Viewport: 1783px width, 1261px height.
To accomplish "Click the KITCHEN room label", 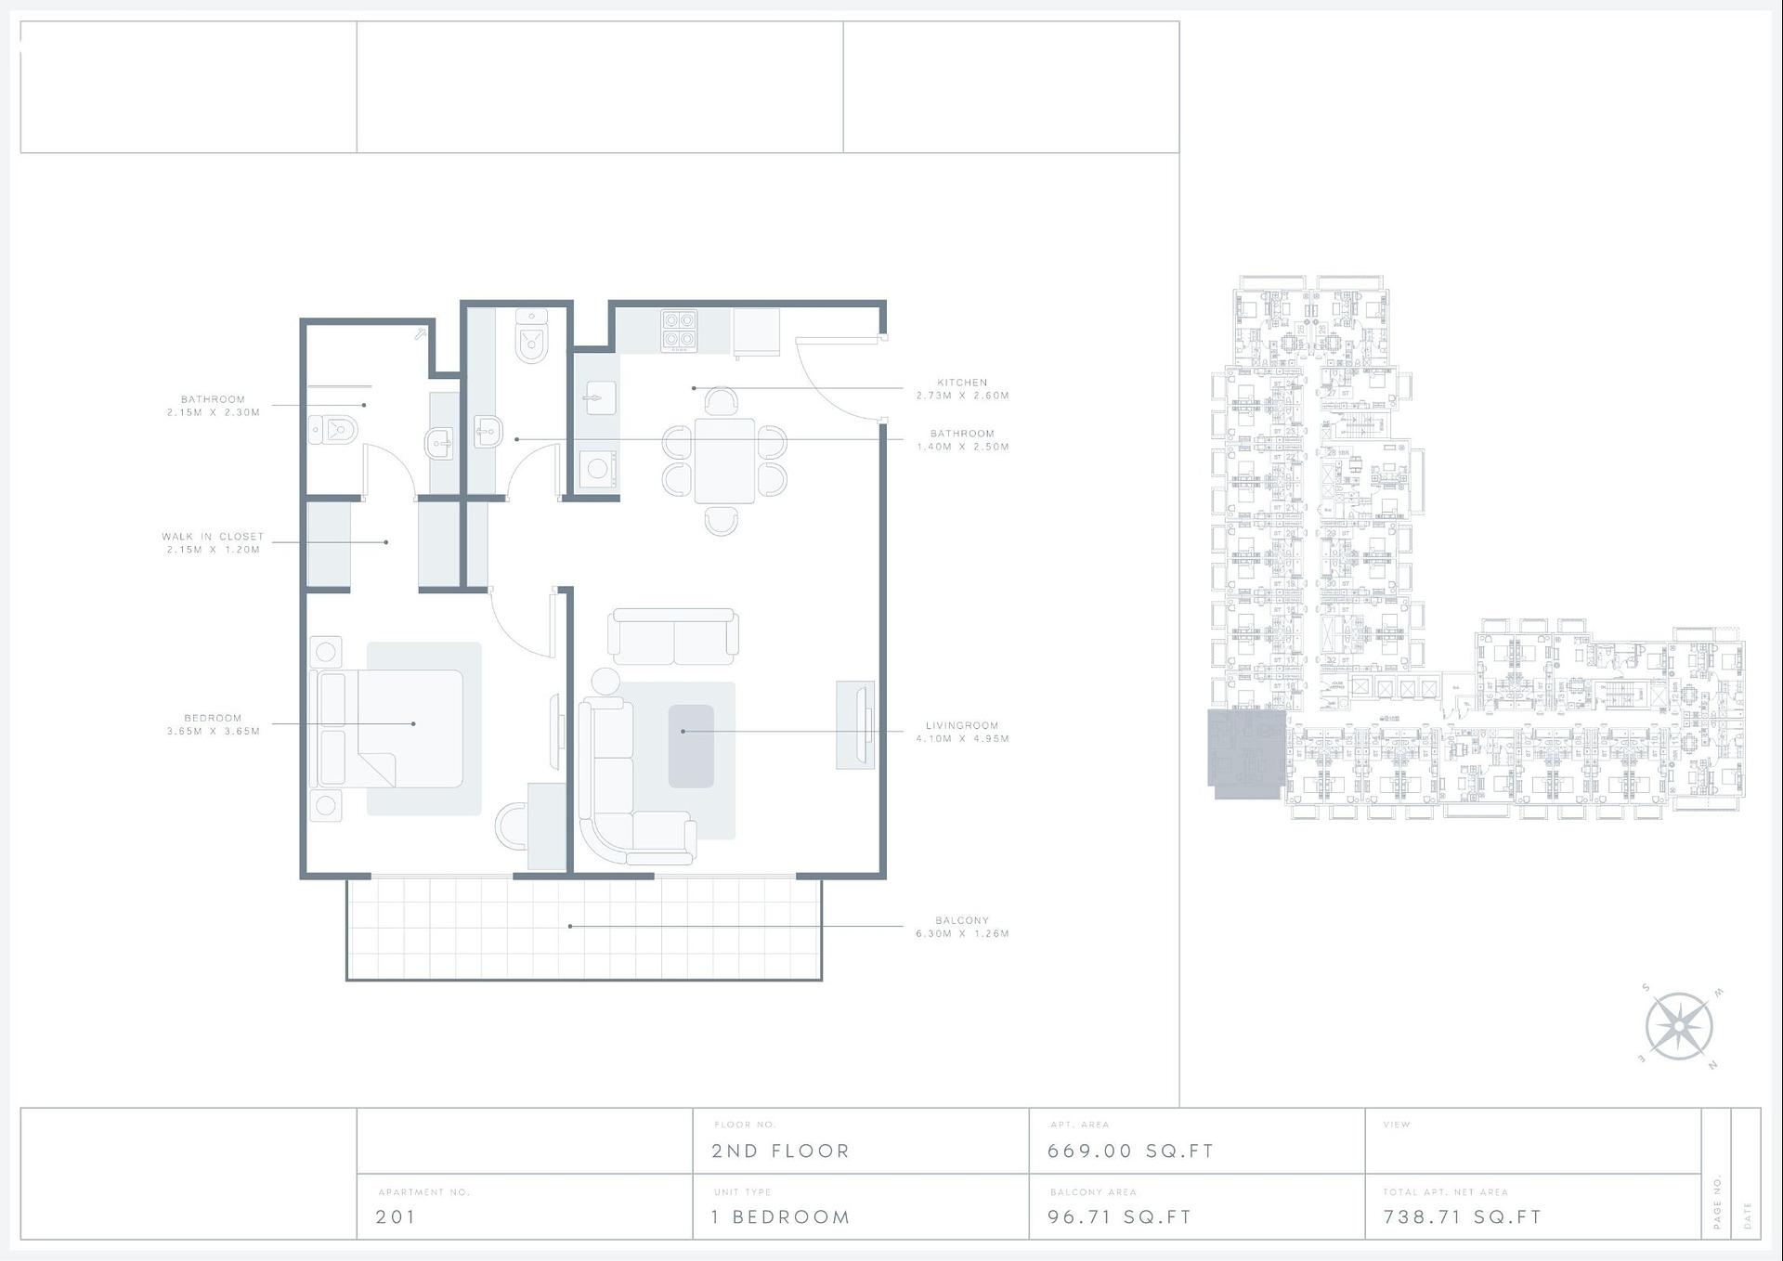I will point(962,383).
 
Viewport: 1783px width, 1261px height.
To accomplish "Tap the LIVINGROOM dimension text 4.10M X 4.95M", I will point(962,739).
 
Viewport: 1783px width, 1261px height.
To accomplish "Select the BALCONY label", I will point(962,920).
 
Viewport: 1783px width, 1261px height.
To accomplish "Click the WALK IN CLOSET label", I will point(213,537).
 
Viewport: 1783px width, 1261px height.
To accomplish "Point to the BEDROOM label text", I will point(213,718).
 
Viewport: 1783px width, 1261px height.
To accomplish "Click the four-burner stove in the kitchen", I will point(679,331).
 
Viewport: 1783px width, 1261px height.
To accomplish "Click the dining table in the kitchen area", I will point(724,461).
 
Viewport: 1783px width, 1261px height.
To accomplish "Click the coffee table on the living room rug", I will point(691,746).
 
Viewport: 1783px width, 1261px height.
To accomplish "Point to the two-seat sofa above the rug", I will point(673,636).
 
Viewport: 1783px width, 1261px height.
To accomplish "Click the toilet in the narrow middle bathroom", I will point(532,340).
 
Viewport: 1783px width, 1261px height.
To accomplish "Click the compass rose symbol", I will point(1679,1027).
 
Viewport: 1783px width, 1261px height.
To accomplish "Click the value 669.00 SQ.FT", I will point(1130,1151).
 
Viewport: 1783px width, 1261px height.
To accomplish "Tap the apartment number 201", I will point(396,1217).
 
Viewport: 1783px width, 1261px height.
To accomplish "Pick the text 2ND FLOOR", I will point(780,1151).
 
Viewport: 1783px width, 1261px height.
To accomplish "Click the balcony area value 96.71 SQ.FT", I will point(1119,1217).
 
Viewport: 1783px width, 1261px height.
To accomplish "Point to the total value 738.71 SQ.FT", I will point(1463,1217).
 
